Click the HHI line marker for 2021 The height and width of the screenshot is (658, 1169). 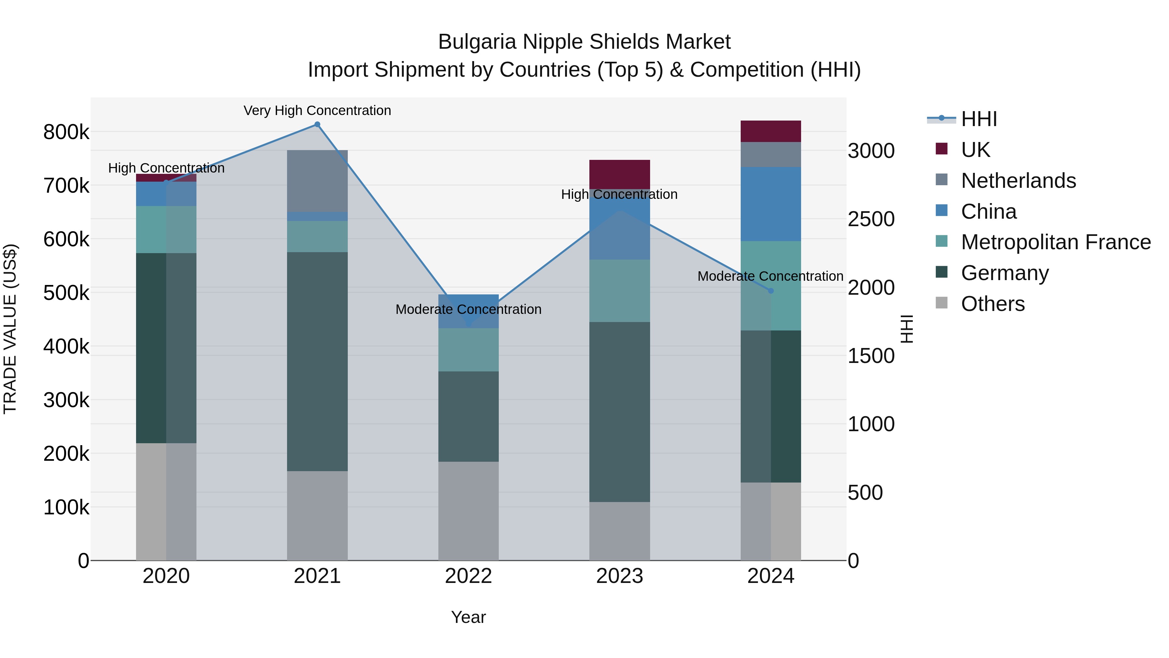click(317, 124)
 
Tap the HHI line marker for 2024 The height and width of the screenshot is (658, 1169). click(771, 290)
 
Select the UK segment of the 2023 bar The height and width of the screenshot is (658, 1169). click(620, 174)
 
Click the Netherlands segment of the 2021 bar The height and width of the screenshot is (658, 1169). click(317, 181)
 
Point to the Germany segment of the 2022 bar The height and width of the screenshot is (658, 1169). click(468, 417)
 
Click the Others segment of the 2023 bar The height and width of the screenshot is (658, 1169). click(620, 531)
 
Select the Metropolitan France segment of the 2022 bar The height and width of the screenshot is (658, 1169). click(468, 350)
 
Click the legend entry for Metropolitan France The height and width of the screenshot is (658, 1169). click(1056, 242)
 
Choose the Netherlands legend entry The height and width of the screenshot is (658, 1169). click(1018, 181)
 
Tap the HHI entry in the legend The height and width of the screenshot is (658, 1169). click(978, 119)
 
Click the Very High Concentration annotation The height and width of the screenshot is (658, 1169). click(317, 110)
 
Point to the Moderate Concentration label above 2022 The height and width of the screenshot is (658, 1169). click(468, 309)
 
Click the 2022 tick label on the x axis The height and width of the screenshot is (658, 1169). click(468, 576)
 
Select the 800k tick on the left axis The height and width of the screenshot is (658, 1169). click(66, 132)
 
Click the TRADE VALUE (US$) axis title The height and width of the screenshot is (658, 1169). click(10, 329)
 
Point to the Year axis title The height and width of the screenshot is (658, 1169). click(468, 617)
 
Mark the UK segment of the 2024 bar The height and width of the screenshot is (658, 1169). click(771, 131)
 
